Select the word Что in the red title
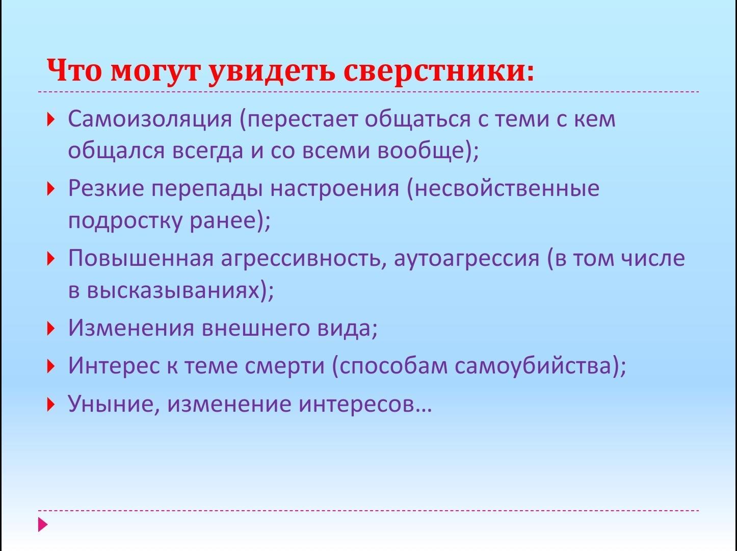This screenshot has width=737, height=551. [74, 70]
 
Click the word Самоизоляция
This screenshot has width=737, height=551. [150, 119]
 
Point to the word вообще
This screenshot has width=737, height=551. [423, 150]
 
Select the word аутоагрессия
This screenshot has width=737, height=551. [467, 259]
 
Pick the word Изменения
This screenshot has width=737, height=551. [131, 328]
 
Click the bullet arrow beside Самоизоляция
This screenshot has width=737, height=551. [50, 119]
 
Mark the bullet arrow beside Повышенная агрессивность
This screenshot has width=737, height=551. [50, 259]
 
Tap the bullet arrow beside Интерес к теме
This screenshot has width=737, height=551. [50, 366]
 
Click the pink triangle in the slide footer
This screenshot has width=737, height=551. [43, 524]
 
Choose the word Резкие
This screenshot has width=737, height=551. [106, 189]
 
